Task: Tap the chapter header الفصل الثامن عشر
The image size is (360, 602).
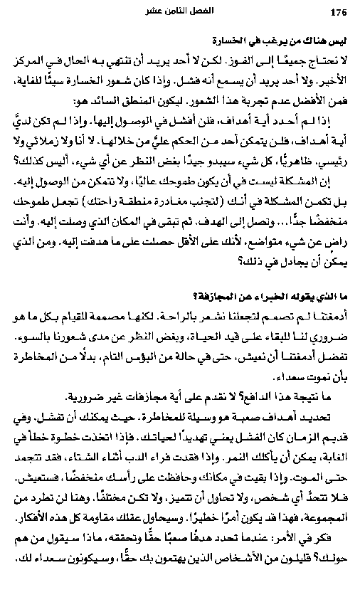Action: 182,11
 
